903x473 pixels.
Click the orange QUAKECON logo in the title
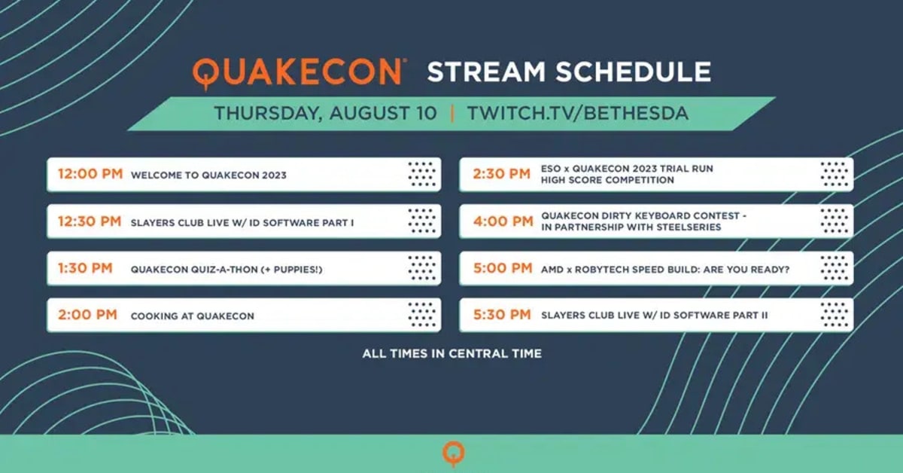pyautogui.click(x=299, y=73)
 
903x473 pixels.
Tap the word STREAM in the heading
pyautogui.click(x=487, y=72)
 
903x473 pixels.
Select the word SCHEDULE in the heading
pyautogui.click(x=634, y=72)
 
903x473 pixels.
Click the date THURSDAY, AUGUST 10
pyautogui.click(x=325, y=113)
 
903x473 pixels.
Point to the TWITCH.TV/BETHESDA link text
pyautogui.click(x=578, y=113)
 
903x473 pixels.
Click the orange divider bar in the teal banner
pyautogui.click(x=452, y=114)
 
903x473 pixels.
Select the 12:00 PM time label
pyautogui.click(x=90, y=174)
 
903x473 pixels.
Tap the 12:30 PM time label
pyautogui.click(x=90, y=221)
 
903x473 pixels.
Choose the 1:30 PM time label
pyautogui.click(x=85, y=268)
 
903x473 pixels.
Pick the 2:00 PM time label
pyautogui.click(x=87, y=315)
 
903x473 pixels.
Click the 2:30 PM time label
pyautogui.click(x=502, y=174)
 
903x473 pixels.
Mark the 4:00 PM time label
pyautogui.click(x=503, y=221)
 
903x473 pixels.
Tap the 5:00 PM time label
pyautogui.click(x=503, y=268)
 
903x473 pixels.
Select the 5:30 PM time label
pyautogui.click(x=503, y=315)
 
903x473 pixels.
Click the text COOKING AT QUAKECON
pyautogui.click(x=193, y=316)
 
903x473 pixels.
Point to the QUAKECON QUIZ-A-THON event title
pyautogui.click(x=227, y=270)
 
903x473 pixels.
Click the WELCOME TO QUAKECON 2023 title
pyautogui.click(x=208, y=175)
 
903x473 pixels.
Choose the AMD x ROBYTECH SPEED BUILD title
pyautogui.click(x=665, y=270)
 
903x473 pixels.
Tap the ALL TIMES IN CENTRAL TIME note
pyautogui.click(x=452, y=353)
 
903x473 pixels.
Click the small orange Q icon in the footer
pyautogui.click(x=454, y=453)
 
